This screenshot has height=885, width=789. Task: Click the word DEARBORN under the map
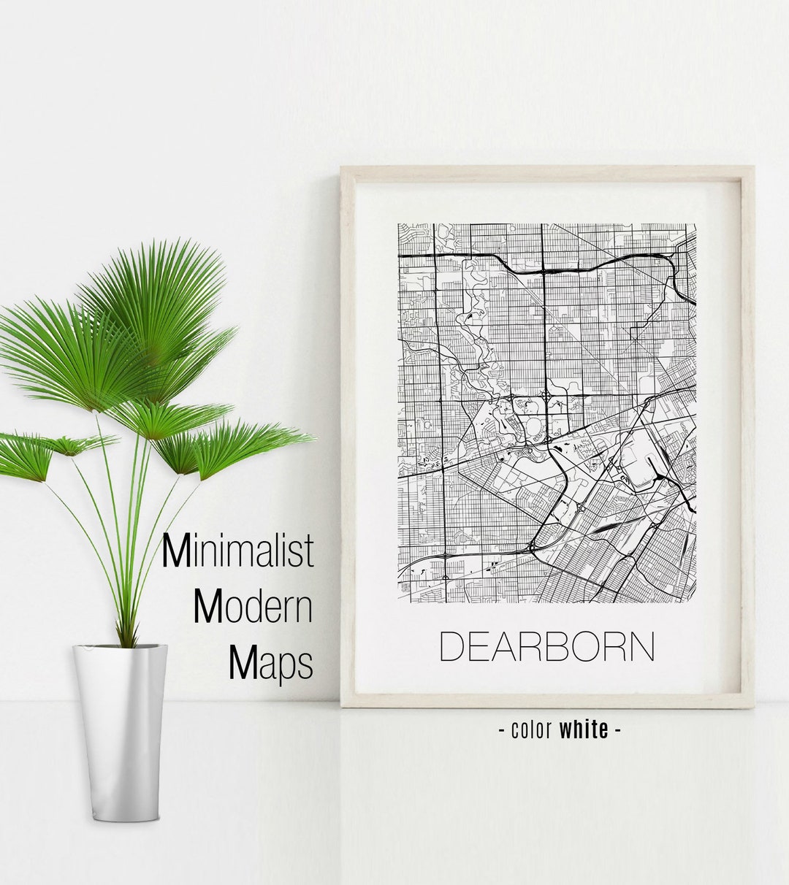(547, 646)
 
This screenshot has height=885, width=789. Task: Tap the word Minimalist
(237, 551)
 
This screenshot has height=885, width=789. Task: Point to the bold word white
(584, 729)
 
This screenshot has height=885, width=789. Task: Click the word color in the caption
(533, 729)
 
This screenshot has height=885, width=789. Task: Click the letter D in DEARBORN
(453, 647)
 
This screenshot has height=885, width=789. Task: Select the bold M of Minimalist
(177, 551)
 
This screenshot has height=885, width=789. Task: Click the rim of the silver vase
(120, 647)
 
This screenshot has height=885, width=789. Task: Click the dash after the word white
(618, 729)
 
